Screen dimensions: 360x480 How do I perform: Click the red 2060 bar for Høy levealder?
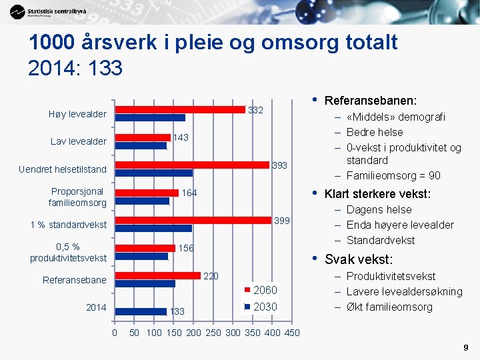click(180, 110)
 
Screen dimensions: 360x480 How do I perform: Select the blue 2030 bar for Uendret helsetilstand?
click(154, 173)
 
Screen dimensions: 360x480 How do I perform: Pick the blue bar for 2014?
click(140, 311)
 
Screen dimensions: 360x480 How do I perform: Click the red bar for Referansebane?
click(157, 275)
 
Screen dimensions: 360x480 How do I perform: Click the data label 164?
click(189, 193)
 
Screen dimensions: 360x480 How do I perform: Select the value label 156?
click(186, 248)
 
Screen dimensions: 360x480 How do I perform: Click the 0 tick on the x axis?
click(114, 333)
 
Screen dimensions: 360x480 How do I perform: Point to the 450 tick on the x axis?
click(292, 333)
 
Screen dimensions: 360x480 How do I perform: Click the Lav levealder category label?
click(78, 141)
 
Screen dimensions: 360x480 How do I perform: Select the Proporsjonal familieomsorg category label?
click(77, 197)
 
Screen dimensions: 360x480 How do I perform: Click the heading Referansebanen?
click(371, 101)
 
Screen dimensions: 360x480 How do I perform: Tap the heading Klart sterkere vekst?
click(377, 195)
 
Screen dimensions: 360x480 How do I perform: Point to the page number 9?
click(465, 347)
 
